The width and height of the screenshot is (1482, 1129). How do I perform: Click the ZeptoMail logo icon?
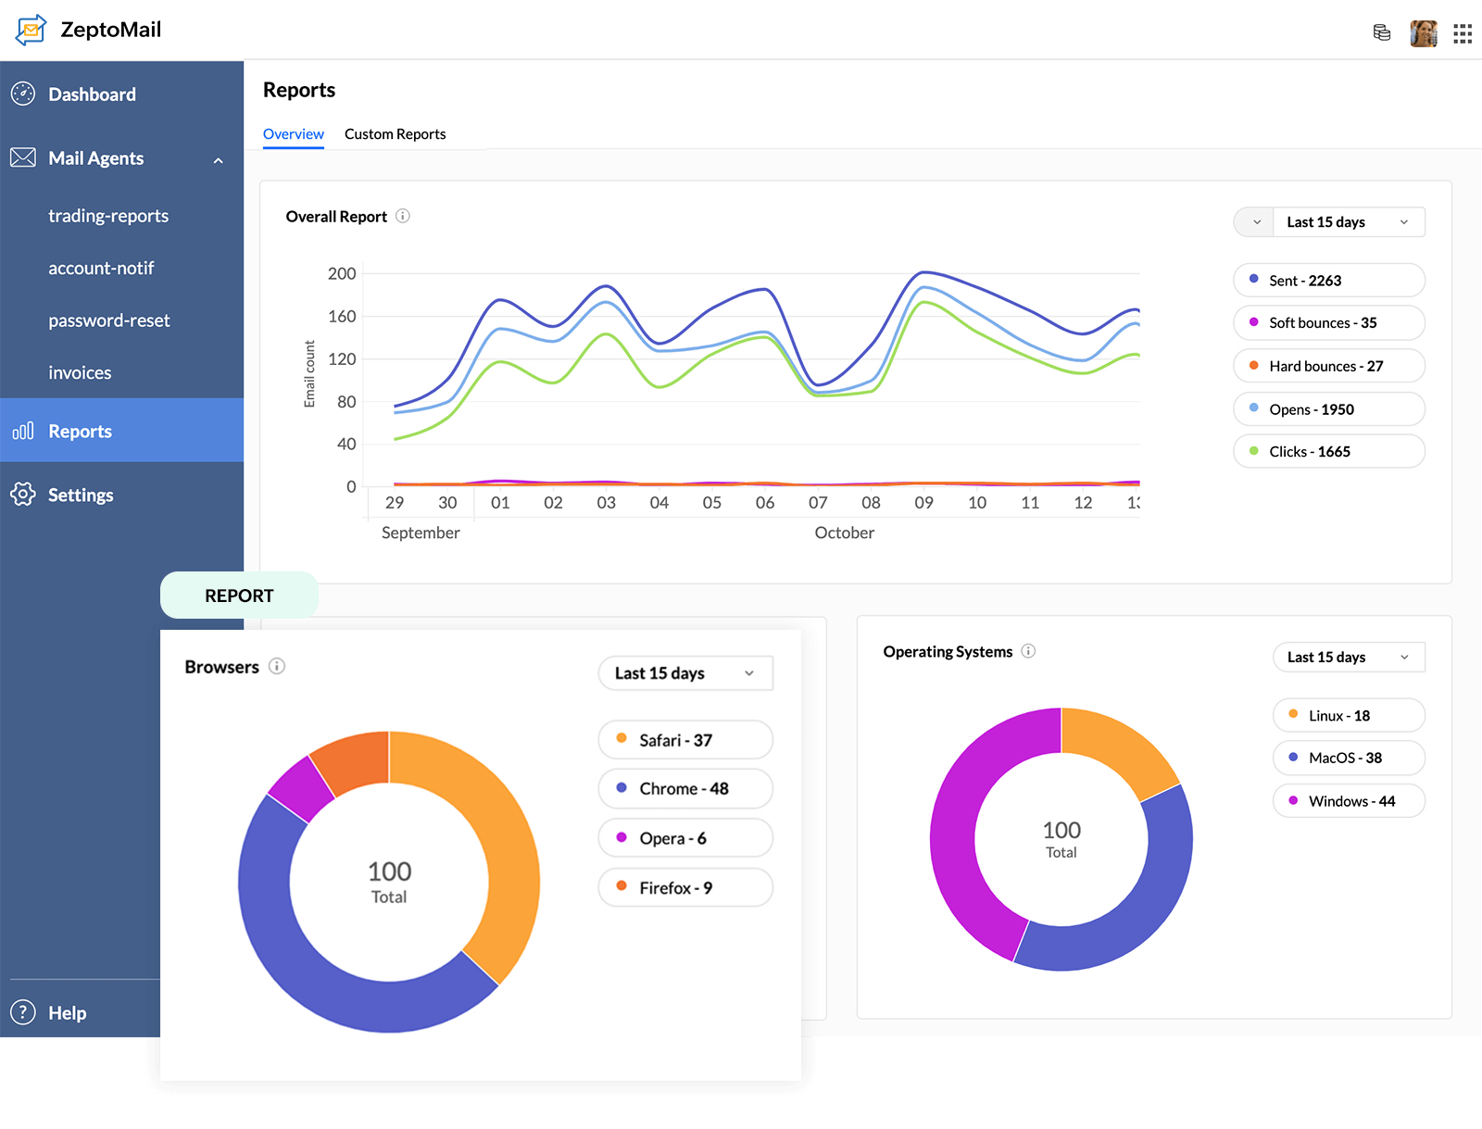coord(31,30)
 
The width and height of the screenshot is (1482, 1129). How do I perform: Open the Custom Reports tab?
coord(395,134)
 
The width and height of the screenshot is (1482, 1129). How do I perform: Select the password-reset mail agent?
coord(109,320)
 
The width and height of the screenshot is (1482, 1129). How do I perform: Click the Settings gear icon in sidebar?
coord(23,495)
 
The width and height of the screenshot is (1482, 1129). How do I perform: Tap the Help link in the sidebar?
coord(67,1013)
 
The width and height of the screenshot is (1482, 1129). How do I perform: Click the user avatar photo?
coord(1423,34)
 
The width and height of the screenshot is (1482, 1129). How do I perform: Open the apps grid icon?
coord(1463,34)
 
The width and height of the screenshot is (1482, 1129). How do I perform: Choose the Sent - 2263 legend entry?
coord(1328,281)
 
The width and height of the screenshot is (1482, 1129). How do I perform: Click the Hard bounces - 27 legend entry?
coord(1328,367)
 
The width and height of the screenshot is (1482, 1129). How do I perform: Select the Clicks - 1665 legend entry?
coord(1328,452)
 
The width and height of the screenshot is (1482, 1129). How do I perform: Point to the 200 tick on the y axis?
coord(342,274)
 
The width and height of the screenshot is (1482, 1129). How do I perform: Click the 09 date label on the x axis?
coord(923,503)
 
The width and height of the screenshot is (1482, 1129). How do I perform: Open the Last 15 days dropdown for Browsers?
coord(684,673)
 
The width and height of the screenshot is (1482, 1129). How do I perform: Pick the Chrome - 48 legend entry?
coord(684,789)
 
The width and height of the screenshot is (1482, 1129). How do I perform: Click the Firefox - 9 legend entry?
coord(684,888)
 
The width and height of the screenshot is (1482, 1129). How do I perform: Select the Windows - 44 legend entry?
coord(1349,801)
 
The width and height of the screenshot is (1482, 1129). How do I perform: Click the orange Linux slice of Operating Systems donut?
coord(1117,749)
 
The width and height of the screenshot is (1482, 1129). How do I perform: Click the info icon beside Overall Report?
coord(403,216)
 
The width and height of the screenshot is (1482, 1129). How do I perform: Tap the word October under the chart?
coord(844,533)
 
